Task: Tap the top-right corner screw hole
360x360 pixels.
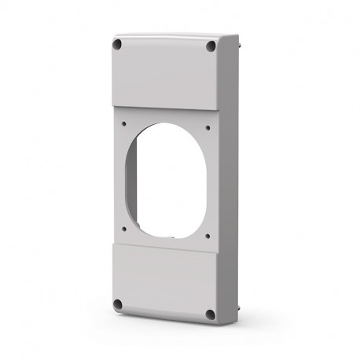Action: (x=210, y=47)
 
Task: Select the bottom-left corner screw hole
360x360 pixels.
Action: (x=117, y=303)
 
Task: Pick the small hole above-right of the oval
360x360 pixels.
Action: (x=208, y=126)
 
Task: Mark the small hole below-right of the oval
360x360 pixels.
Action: (x=208, y=235)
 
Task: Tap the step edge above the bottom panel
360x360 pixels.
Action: (x=163, y=245)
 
